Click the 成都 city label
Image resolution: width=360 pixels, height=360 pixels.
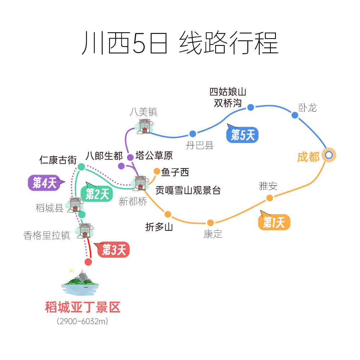coord(308,157)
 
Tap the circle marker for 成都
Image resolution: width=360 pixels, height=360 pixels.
coord(329,155)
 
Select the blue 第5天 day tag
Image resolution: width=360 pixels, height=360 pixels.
coord(243,135)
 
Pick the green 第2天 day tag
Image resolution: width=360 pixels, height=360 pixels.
coord(97,194)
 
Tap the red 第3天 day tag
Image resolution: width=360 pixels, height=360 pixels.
coord(113,250)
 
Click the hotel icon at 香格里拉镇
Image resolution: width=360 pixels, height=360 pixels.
coord(85,230)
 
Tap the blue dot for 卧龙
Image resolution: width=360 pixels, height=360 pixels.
coord(295,115)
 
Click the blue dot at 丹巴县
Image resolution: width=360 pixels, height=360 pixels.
coord(193,134)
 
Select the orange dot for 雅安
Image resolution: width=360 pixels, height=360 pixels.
coord(270,198)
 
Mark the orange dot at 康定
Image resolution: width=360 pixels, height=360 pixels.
coord(211,223)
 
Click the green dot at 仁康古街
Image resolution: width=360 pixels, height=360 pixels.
coord(81,167)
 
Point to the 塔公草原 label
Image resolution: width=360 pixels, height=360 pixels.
coord(154,156)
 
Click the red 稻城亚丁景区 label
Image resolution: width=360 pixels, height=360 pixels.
coord(82,307)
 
